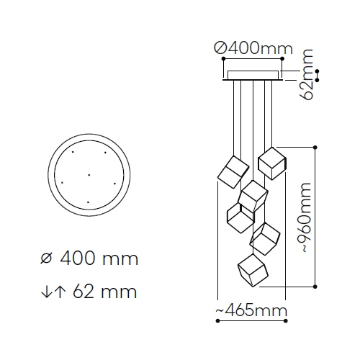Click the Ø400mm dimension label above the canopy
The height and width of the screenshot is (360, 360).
(x=253, y=48)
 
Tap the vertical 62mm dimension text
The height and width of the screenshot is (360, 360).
(x=307, y=75)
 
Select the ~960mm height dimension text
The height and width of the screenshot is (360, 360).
(x=304, y=218)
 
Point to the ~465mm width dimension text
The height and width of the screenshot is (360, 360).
(x=251, y=310)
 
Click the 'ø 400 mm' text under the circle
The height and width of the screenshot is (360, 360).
(x=89, y=258)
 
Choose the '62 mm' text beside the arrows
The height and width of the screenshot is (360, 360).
(x=105, y=292)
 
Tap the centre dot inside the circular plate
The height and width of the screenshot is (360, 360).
(x=89, y=175)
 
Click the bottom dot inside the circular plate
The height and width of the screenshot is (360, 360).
(x=88, y=202)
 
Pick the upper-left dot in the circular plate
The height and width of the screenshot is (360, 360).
(x=73, y=152)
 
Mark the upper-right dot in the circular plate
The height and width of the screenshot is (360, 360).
(x=105, y=152)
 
